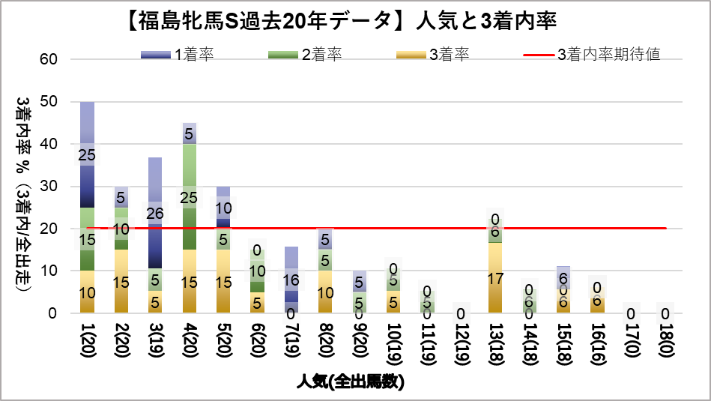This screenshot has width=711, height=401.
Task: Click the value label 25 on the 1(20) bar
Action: (88, 155)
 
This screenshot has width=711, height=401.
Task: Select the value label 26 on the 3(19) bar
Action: (156, 214)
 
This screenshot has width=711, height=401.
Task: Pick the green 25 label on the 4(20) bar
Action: (190, 198)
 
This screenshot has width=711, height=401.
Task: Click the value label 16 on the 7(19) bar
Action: (291, 281)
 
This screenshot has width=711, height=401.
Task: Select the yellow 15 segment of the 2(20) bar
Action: (121, 283)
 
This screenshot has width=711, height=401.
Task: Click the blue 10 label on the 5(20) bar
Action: (223, 208)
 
